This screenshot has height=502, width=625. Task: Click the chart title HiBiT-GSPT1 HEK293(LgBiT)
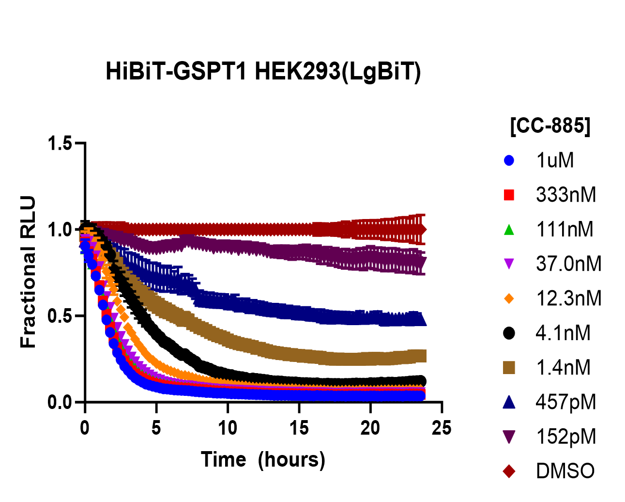tap(263, 72)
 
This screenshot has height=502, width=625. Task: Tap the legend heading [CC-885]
tap(550, 126)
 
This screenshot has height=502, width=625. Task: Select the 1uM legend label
tap(555, 160)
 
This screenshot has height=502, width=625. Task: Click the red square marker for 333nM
tap(509, 195)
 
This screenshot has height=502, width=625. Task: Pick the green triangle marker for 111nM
tap(509, 230)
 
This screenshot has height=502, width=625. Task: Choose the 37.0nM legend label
tap(568, 264)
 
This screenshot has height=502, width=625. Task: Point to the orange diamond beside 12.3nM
tap(509, 298)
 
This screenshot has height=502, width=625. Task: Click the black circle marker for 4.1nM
tap(509, 333)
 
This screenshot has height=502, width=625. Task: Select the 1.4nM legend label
tap(563, 368)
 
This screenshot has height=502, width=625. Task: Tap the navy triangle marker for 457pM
tap(509, 402)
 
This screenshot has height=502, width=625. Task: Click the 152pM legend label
tap(566, 437)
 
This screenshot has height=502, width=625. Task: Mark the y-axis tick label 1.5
tap(60, 143)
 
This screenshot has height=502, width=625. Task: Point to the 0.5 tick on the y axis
tap(60, 316)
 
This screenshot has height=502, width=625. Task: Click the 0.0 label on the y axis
tap(60, 402)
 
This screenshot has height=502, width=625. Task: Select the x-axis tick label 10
tap(228, 428)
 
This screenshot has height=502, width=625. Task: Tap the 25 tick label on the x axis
tap(442, 428)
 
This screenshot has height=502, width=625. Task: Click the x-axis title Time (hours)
tap(263, 459)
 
